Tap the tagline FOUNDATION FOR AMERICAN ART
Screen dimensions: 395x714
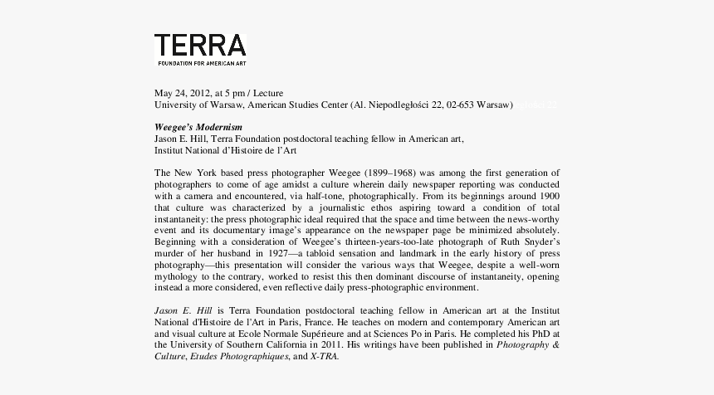(203, 63)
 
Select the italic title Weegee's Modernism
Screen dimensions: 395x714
(198, 127)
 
